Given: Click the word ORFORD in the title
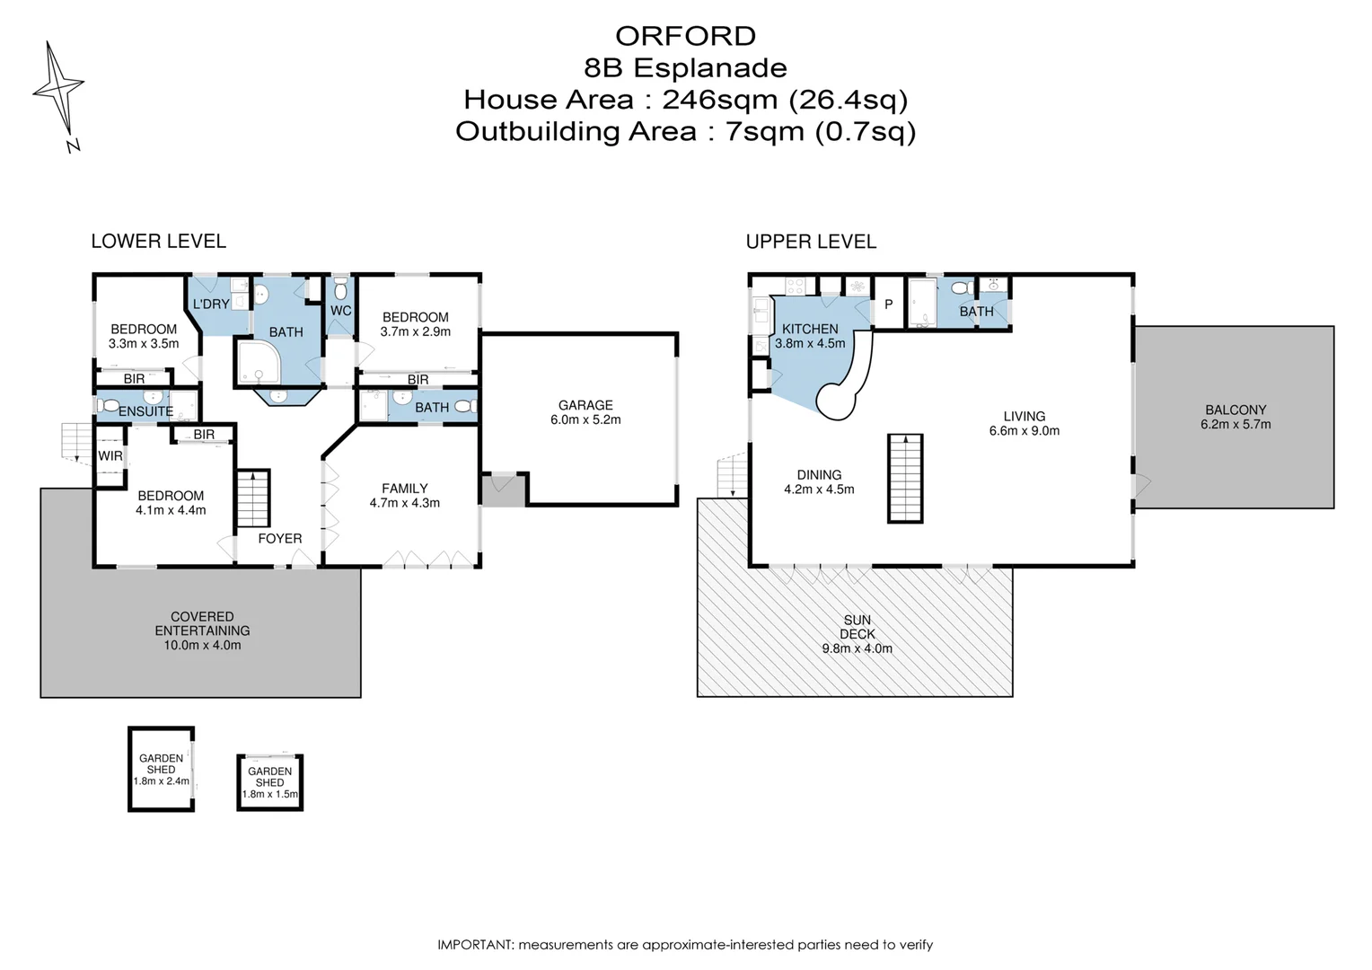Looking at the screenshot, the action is coord(685,36).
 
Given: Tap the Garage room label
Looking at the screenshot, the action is coord(585,405).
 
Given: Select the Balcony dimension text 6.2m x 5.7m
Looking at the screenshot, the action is coord(1236,424).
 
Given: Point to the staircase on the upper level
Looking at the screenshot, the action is coord(905,479).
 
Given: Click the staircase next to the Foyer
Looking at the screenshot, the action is coord(253,498).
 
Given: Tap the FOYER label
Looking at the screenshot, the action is coord(280,539).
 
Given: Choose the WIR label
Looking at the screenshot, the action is coord(110,456).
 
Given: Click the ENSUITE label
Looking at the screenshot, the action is coord(145,411).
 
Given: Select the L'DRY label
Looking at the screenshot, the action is coord(211,304).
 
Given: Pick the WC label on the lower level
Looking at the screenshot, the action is coord(341,311).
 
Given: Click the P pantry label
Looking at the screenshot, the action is coord(889,304).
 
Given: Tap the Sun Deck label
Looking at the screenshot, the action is coord(857,627).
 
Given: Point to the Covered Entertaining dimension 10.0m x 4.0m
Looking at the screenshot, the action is coord(202,645).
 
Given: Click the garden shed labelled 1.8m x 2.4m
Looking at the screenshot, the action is coord(161,770).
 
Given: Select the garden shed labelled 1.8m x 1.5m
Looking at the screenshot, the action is coord(270,783).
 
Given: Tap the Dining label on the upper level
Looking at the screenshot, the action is coord(819,475).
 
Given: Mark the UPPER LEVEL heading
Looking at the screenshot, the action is coord(811,242).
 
